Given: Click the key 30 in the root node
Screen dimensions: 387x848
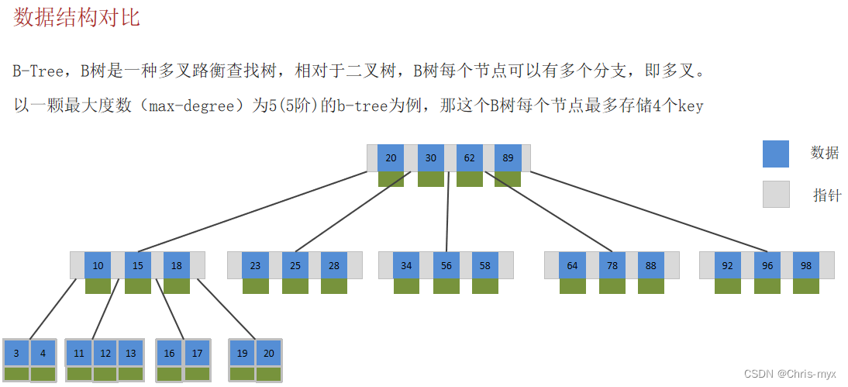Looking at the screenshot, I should tap(430, 158).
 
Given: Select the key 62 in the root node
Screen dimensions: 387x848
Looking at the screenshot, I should tap(470, 158).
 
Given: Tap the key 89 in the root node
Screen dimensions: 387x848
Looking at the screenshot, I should tap(508, 158).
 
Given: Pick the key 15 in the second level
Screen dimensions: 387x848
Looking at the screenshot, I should tap(137, 265).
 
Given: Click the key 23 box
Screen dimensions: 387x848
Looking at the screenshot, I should tap(255, 265).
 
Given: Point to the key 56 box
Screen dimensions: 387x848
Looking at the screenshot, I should tap(446, 265).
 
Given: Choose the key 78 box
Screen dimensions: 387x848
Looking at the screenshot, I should tap(612, 265).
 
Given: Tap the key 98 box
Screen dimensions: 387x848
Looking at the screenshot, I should tap(806, 265).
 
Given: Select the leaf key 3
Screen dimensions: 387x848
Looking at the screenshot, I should tap(16, 353).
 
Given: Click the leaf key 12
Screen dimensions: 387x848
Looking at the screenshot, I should tap(105, 353).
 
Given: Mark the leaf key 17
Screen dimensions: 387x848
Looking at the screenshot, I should tap(197, 353).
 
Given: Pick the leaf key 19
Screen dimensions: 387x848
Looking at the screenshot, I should tap(243, 353).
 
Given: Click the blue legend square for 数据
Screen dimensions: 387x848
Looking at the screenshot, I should tap(775, 154).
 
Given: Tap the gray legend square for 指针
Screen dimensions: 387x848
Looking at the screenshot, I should tap(775, 194).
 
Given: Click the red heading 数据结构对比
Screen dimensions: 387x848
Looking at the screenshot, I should tap(77, 18).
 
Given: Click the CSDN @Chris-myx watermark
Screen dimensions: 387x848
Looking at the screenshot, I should tap(790, 374).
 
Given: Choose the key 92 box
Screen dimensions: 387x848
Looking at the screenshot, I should tap(727, 265).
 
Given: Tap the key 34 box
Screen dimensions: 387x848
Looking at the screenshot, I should tap(406, 265).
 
